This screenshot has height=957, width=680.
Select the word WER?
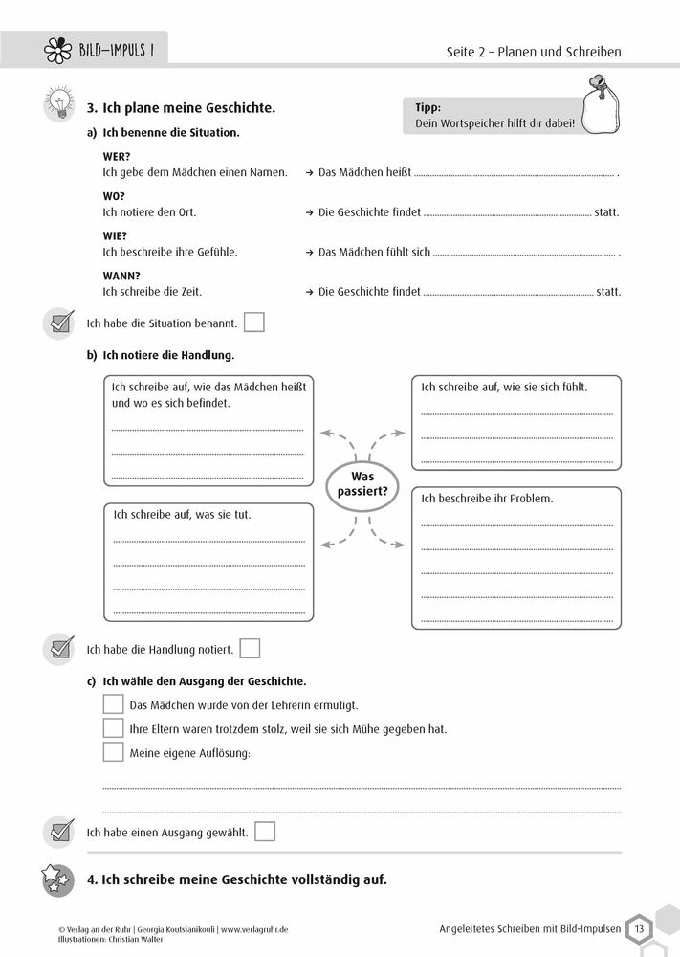[x=116, y=156]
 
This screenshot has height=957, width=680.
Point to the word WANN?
[x=121, y=275]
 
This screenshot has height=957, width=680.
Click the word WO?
[x=114, y=195]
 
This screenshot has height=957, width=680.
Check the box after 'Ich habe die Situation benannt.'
[x=253, y=323]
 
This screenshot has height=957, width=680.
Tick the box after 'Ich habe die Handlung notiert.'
[x=250, y=649]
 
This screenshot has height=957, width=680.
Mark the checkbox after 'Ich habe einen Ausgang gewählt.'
[x=265, y=832]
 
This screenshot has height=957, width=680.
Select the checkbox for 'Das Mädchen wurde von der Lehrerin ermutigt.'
[x=113, y=704]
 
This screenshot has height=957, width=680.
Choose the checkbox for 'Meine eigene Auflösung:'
[x=113, y=752]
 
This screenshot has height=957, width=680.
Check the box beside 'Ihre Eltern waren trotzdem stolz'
[x=113, y=728]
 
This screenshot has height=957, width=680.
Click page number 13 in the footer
[x=638, y=927]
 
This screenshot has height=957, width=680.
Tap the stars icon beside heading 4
[x=57, y=879]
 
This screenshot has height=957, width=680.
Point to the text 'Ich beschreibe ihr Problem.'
[x=487, y=499]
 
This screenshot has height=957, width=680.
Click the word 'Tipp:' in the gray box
[x=428, y=108]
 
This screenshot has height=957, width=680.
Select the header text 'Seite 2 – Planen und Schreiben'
[x=534, y=52]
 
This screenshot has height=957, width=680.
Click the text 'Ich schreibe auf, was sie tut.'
[x=183, y=514]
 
